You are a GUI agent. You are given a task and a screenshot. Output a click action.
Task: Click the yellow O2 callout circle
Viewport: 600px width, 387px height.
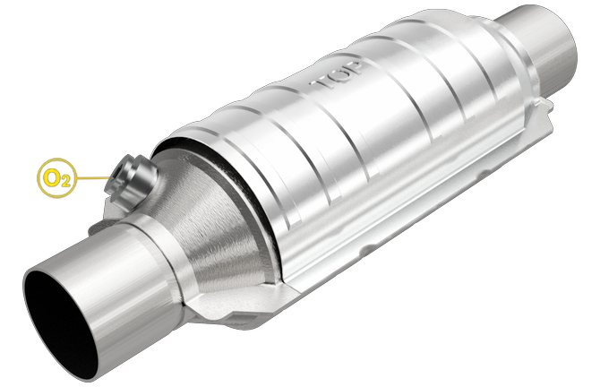(56, 176)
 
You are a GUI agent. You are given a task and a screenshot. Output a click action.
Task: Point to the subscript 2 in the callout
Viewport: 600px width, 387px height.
(64, 181)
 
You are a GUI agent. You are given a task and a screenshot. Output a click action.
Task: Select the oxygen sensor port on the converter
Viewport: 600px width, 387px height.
(131, 174)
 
